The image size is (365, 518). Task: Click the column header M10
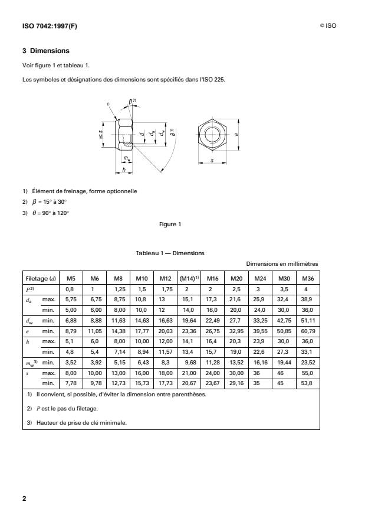tap(142, 278)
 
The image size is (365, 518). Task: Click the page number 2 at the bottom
tap(24, 499)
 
